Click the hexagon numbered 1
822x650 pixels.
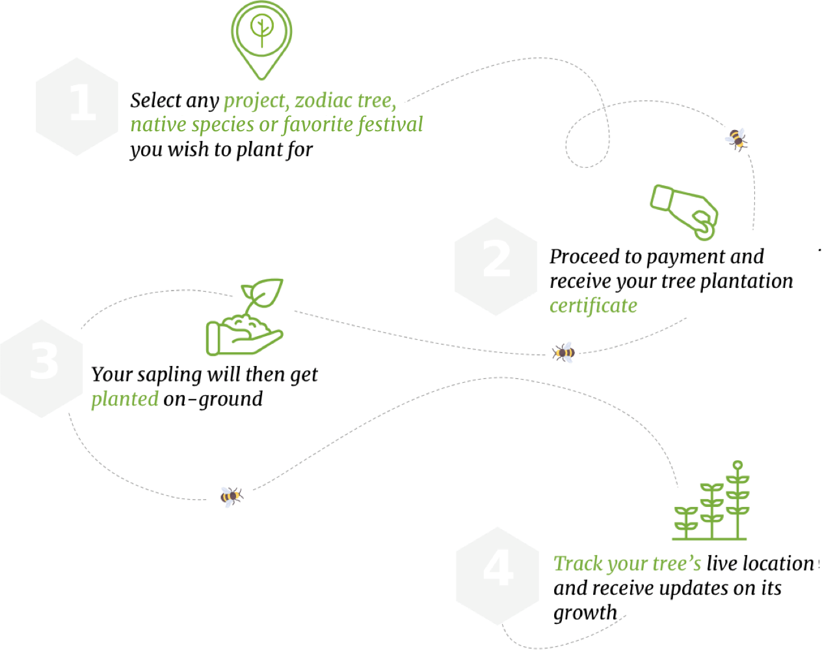point(77,107)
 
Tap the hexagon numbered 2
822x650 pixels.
point(496,266)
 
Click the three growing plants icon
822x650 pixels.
point(711,504)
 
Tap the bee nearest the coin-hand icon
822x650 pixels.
point(736,138)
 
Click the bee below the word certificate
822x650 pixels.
point(564,352)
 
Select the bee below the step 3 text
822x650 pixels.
point(230,497)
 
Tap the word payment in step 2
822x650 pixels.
point(685,257)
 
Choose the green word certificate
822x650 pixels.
point(593,305)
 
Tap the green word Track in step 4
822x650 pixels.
point(578,564)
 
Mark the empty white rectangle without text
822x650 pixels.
point(177,568)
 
